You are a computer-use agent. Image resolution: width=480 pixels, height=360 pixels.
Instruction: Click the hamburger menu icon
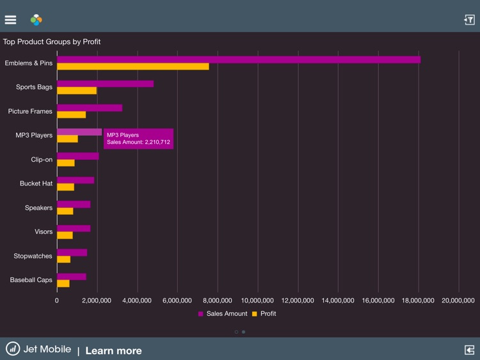[x=10, y=20]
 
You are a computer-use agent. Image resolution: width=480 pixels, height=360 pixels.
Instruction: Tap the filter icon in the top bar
[x=469, y=20]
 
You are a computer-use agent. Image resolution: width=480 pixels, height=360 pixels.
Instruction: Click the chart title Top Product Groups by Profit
[x=52, y=42]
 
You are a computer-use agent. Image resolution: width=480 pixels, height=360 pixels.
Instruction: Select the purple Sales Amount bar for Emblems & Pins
[x=238, y=59]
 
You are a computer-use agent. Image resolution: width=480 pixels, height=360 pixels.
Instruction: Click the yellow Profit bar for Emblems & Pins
[x=132, y=67]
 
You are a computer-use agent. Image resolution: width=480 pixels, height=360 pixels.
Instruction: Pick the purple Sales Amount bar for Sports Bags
[x=105, y=83]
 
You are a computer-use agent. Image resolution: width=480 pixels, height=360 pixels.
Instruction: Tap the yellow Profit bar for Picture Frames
[x=71, y=114]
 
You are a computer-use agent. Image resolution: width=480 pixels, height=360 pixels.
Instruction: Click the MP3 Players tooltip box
[x=138, y=139]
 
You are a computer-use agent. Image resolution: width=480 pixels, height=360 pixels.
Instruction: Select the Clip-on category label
[x=42, y=159]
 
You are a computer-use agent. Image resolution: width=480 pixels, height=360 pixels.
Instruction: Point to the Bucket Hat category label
[x=36, y=184]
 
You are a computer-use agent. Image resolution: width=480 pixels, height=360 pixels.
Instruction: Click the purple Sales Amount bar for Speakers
[x=74, y=204]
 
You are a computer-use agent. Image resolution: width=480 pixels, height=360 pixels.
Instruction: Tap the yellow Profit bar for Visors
[x=65, y=235]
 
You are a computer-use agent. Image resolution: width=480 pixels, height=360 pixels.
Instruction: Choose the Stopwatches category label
[x=33, y=256]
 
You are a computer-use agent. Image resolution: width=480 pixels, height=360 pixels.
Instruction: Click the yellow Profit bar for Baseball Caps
[x=63, y=283]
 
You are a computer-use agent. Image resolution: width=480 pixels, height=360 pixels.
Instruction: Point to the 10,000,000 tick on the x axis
[x=257, y=300]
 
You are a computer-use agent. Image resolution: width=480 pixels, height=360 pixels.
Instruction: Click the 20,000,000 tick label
[x=458, y=300]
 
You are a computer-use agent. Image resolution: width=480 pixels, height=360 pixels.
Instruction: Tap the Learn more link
[x=113, y=350]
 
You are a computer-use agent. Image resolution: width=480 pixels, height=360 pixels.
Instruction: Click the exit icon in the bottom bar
[x=469, y=349]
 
